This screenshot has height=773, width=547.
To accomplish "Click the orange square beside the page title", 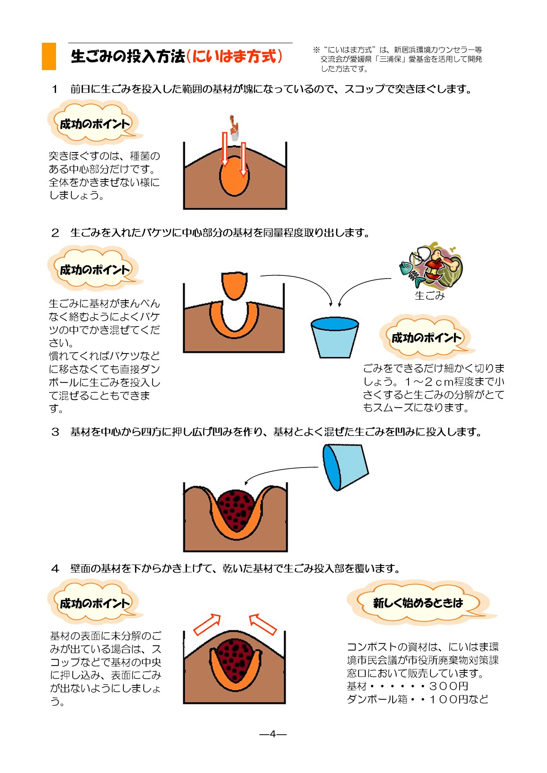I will click(49, 56).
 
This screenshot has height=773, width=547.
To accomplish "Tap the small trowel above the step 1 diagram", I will click(234, 128).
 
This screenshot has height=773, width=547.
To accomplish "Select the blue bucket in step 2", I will click(334, 337).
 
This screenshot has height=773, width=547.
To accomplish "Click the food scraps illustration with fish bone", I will click(431, 266).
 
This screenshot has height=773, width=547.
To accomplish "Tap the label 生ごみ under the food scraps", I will click(430, 296).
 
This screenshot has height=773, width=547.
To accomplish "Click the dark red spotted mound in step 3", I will click(236, 509).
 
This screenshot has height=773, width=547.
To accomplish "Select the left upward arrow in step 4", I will click(207, 624).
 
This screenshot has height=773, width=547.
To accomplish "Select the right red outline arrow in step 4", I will click(263, 624).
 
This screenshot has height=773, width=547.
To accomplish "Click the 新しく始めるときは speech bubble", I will click(418, 603).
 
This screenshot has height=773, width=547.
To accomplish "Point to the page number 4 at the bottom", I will click(273, 734).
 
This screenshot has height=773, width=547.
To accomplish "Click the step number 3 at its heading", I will click(55, 432).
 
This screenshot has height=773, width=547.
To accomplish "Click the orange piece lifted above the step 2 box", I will click(234, 285).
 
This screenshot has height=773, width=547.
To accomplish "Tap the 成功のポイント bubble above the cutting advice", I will click(426, 338).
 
